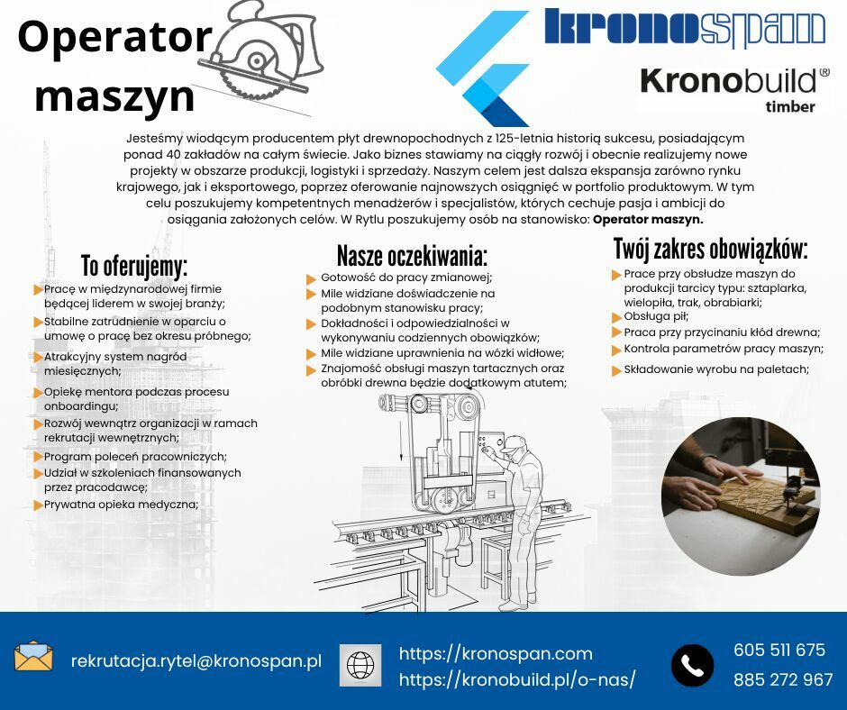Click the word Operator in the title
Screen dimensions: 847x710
pos(114,37)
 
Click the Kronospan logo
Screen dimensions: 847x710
pos(685,27)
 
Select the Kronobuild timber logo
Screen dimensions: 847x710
pos(734,89)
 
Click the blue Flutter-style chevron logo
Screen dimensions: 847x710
pos(482,68)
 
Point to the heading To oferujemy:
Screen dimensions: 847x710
pos(134,266)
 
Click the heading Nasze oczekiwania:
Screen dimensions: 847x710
pos(412,256)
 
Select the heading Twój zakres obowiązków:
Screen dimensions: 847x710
pos(711,249)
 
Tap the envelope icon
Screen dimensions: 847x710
pos(33,657)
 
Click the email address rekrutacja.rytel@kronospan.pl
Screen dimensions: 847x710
pos(196,660)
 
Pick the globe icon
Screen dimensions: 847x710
pos(360,665)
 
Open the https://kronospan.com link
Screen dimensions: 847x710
pos(496,654)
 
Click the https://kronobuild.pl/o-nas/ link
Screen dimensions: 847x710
pos(517,679)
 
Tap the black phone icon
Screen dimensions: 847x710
pos(692,665)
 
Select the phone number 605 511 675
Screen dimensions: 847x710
pos(779,650)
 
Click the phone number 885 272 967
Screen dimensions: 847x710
pos(783,679)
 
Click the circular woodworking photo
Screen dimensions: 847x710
pos(741,496)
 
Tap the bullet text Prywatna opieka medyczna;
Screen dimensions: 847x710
pos(121,505)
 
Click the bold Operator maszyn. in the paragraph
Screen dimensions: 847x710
pos(648,219)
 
